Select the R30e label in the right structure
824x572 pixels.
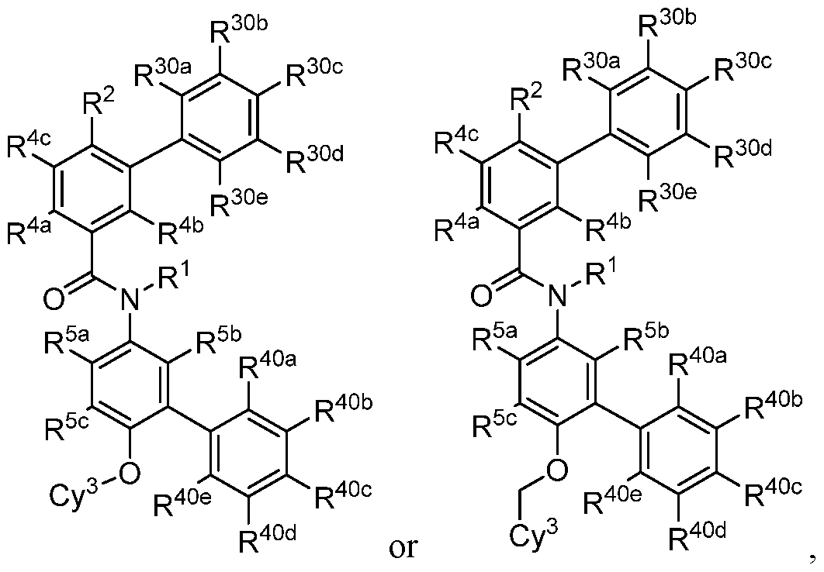coord(667,195)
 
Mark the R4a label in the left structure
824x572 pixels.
coord(30,231)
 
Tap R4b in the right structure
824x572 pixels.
coord(608,226)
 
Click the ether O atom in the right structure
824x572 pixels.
coord(556,469)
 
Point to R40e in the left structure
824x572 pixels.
coord(183,503)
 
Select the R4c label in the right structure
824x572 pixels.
coord(457,141)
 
